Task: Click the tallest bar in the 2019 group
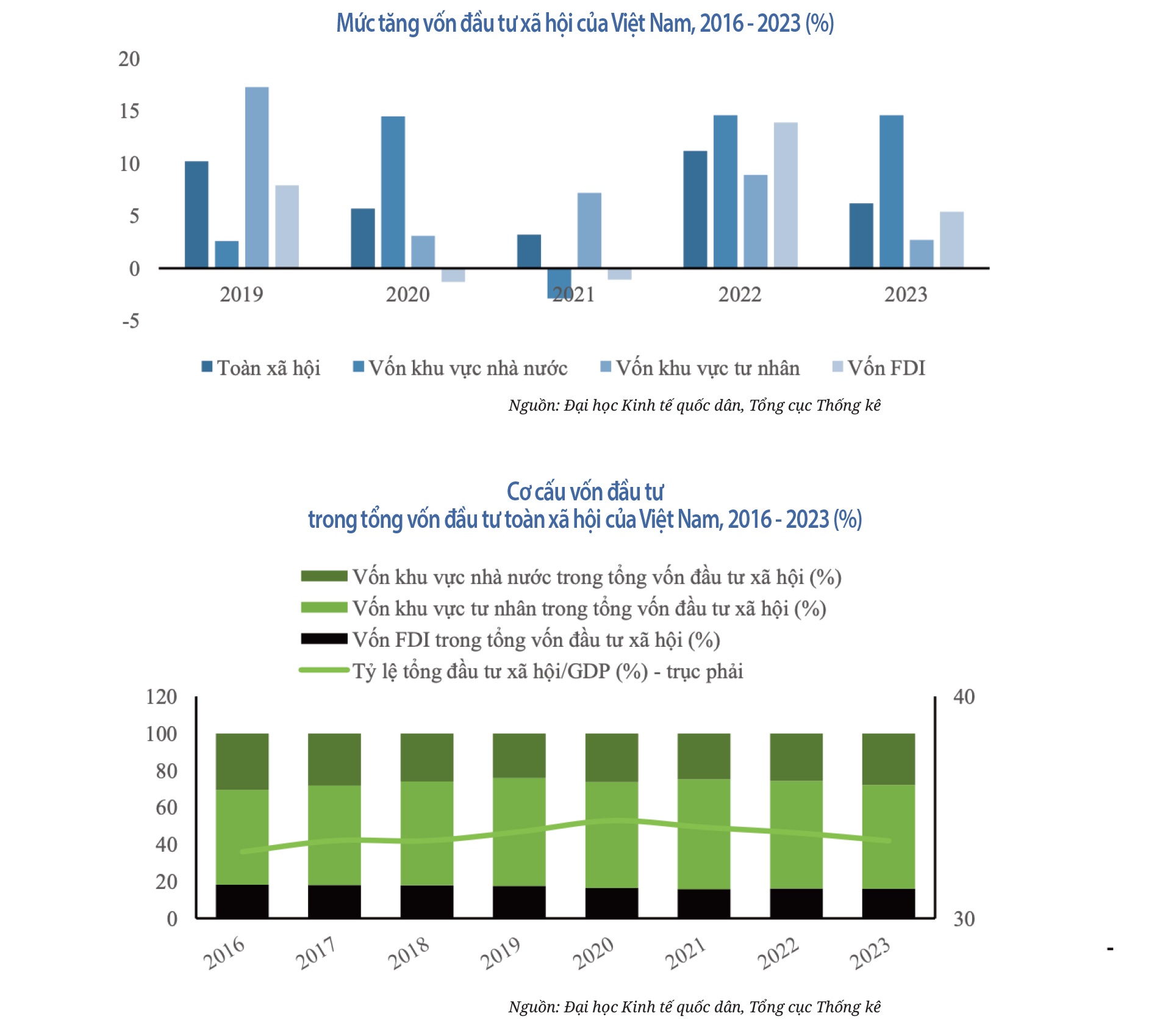click(x=257, y=177)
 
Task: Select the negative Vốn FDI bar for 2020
click(x=453, y=275)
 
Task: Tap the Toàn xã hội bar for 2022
click(x=695, y=209)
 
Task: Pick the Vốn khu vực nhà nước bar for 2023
click(x=891, y=192)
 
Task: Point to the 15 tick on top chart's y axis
click(x=129, y=111)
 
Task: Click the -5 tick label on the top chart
click(x=131, y=321)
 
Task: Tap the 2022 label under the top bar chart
click(x=740, y=295)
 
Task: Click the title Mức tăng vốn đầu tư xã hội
click(x=585, y=23)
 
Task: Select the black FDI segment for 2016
click(x=242, y=901)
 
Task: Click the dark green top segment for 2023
click(x=889, y=759)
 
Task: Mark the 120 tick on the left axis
click(x=161, y=697)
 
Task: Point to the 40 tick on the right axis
click(x=964, y=697)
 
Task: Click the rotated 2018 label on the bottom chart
click(x=409, y=953)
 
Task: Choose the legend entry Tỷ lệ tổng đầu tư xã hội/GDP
click(x=547, y=671)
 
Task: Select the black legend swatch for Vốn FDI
click(x=324, y=639)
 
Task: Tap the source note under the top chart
click(x=694, y=406)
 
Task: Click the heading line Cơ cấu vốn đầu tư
click(x=585, y=492)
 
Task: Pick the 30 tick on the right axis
click(x=964, y=919)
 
